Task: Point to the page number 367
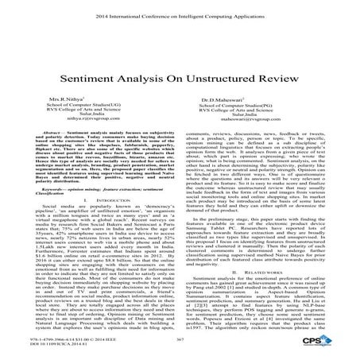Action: coord(180,339)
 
